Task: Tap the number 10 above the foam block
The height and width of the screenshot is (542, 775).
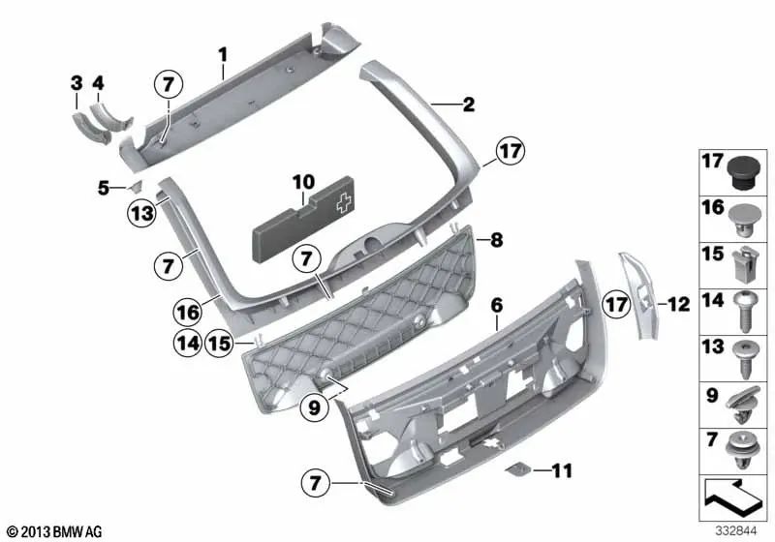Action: tap(303, 181)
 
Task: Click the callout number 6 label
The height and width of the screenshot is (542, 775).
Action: tap(496, 305)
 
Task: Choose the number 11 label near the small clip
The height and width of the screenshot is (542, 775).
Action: tap(562, 471)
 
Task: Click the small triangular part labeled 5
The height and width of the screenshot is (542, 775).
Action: tap(135, 185)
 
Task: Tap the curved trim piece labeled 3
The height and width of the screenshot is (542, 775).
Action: tap(80, 125)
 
